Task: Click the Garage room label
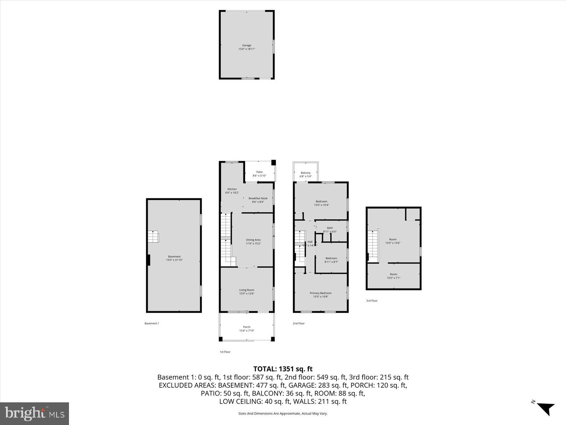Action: point(247,45)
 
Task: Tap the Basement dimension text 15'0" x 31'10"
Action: point(174,260)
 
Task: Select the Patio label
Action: point(259,172)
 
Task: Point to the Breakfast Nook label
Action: point(258,198)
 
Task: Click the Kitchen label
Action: point(232,189)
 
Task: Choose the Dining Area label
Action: point(253,240)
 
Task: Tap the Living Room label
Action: point(247,290)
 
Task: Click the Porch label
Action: point(247,327)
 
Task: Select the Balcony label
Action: point(306,173)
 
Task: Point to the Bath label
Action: point(330,228)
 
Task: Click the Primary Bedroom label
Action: point(320,293)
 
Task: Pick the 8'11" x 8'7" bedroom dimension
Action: point(331,262)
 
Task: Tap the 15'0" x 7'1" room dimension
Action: point(393,278)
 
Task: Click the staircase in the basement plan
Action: point(153,236)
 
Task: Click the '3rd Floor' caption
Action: point(372,301)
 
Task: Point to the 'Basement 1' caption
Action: point(152,323)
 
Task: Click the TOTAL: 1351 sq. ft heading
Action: point(283,369)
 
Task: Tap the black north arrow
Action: point(545,408)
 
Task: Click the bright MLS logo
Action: point(34,413)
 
